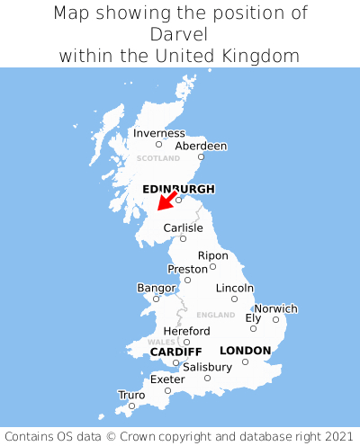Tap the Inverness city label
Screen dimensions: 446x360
click(158, 134)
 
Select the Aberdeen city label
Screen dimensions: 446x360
click(201, 146)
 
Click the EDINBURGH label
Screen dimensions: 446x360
click(178, 189)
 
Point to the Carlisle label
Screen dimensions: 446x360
click(183, 228)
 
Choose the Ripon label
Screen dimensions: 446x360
click(213, 255)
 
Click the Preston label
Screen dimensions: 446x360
click(187, 269)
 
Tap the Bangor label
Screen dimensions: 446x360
click(156, 288)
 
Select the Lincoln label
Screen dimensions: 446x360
click(235, 288)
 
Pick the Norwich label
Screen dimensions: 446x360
click(275, 308)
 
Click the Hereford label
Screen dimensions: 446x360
click(186, 331)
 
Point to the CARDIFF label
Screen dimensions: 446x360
click(175, 351)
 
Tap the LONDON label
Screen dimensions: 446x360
click(245, 351)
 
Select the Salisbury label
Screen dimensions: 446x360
click(207, 367)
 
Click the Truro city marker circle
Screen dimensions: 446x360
click(131, 406)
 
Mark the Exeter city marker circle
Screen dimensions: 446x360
click(167, 390)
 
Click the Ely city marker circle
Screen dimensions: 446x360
click(253, 328)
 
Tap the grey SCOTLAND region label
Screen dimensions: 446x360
click(158, 158)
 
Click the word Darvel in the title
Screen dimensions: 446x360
click(180, 34)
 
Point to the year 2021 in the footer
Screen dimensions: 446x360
click(334, 434)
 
